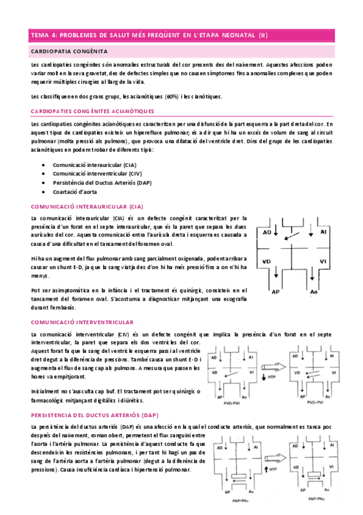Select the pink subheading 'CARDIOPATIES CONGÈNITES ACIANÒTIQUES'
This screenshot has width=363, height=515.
(x=92, y=111)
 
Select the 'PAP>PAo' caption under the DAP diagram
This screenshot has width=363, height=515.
(x=316, y=498)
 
